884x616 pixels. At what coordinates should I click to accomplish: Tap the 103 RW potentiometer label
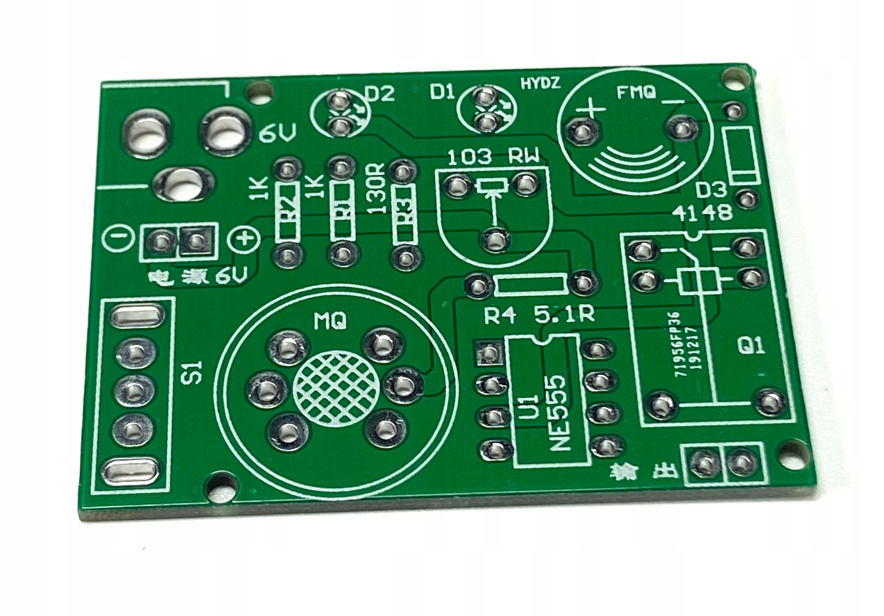(x=494, y=157)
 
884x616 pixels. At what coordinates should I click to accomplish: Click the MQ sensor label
(x=330, y=321)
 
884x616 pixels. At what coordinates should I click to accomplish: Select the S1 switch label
(x=195, y=372)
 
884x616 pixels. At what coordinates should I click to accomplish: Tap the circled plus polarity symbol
(x=244, y=240)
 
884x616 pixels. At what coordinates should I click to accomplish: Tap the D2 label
(x=379, y=94)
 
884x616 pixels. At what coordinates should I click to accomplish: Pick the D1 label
(x=442, y=93)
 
